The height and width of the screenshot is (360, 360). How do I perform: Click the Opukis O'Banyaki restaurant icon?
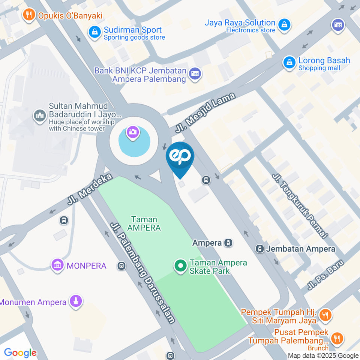[28, 15]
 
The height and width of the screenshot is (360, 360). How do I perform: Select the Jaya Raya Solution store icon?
[285, 25]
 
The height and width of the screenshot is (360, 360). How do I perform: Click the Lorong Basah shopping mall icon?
[289, 63]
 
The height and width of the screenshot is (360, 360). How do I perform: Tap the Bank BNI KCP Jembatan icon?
[195, 73]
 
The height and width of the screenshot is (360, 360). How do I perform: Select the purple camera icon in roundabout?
[133, 132]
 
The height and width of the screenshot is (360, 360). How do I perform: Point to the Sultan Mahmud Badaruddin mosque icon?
[40, 115]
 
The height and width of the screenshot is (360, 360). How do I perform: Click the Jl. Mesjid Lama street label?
[205, 113]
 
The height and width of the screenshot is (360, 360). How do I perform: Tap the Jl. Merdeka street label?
[90, 189]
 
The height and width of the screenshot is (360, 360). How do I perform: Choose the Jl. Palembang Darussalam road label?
[143, 273]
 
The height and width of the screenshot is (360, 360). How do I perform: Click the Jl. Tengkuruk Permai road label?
[300, 206]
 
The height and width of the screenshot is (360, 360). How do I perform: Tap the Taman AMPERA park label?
[144, 223]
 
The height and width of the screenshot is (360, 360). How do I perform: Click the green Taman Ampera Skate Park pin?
[180, 266]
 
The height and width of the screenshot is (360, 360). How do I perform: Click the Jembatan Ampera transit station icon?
[259, 249]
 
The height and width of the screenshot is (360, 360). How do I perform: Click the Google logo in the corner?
[20, 352]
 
